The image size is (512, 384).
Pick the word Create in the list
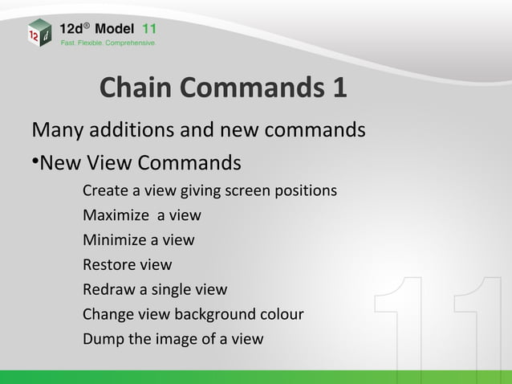pos(105,192)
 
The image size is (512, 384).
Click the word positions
pos(306,192)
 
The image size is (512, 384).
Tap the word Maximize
pos(116,216)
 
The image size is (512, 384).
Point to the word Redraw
pos(108,289)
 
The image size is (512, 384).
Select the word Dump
pos(102,337)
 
